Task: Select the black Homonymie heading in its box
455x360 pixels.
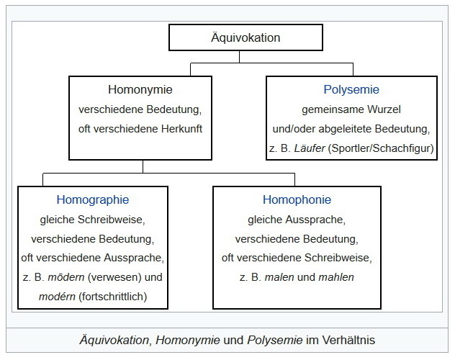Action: (x=140, y=91)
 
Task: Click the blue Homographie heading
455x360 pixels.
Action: (x=93, y=199)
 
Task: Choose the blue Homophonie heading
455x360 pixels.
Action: (x=297, y=199)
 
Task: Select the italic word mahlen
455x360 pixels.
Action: (x=338, y=277)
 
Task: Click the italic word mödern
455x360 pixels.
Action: (x=73, y=277)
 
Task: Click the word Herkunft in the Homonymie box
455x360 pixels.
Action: (x=181, y=130)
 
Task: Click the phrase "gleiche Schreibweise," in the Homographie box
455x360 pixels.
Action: (x=93, y=219)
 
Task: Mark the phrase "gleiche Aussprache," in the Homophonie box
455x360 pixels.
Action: (x=297, y=219)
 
